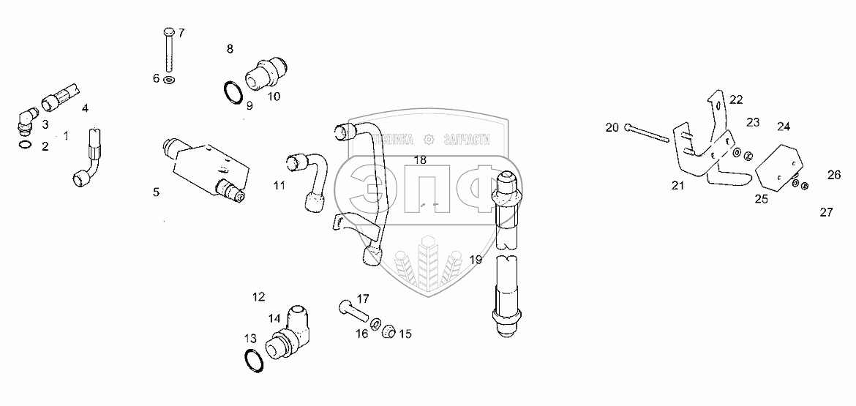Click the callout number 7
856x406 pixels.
pyautogui.click(x=181, y=33)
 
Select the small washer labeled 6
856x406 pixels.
pyautogui.click(x=170, y=79)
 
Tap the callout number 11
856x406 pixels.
pyautogui.click(x=279, y=186)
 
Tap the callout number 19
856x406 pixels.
pyautogui.click(x=476, y=259)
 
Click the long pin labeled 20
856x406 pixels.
pyautogui.click(x=647, y=134)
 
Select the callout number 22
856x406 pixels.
pyautogui.click(x=735, y=99)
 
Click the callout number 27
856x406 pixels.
pyautogui.click(x=826, y=213)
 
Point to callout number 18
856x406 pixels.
pyautogui.click(x=419, y=159)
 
